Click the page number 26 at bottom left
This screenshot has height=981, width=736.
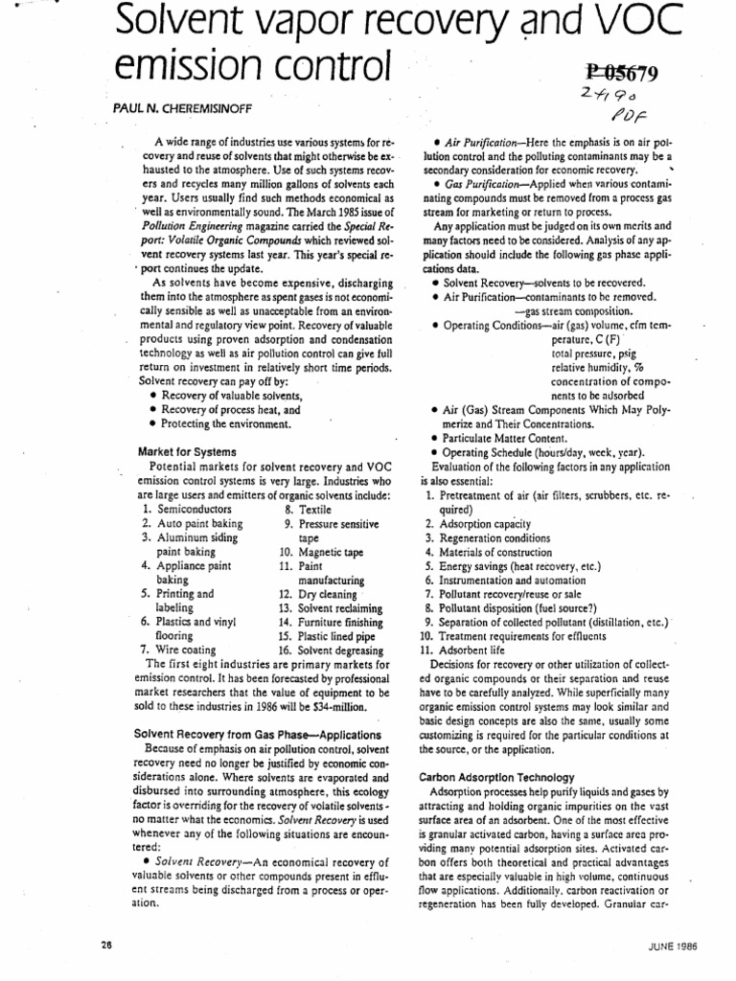[x=105, y=943]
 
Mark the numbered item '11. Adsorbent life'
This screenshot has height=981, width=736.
[x=471, y=649]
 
